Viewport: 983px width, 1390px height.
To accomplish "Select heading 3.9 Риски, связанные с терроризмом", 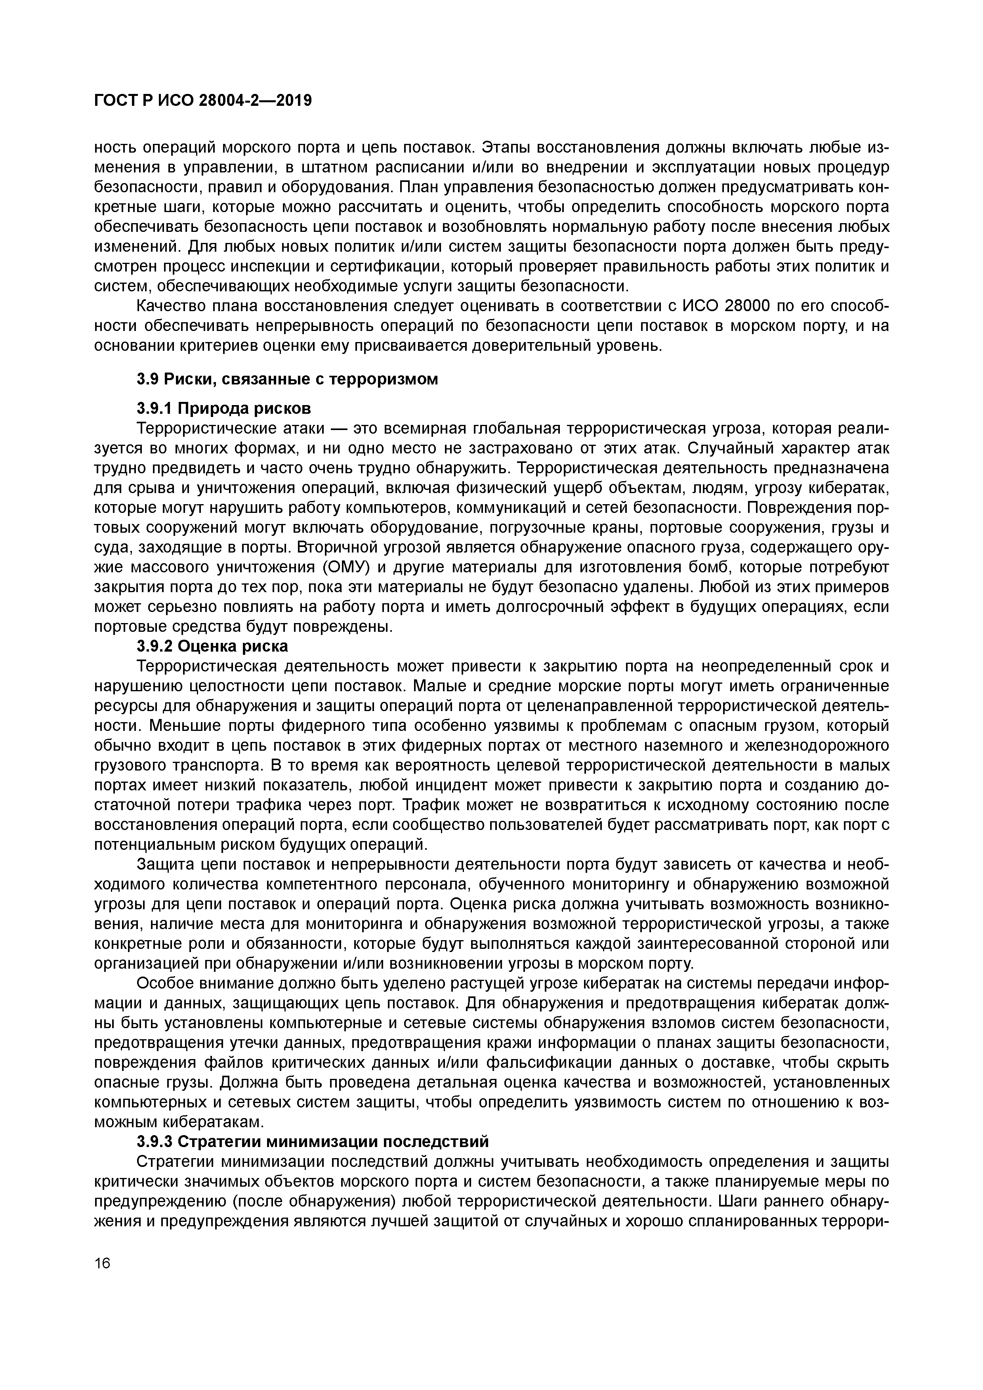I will point(286,380).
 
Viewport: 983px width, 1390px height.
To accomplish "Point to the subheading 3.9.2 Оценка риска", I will point(212,646).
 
